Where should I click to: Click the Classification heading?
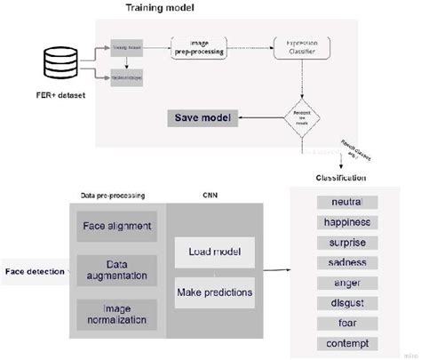(x=344, y=177)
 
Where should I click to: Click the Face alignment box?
(x=116, y=226)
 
